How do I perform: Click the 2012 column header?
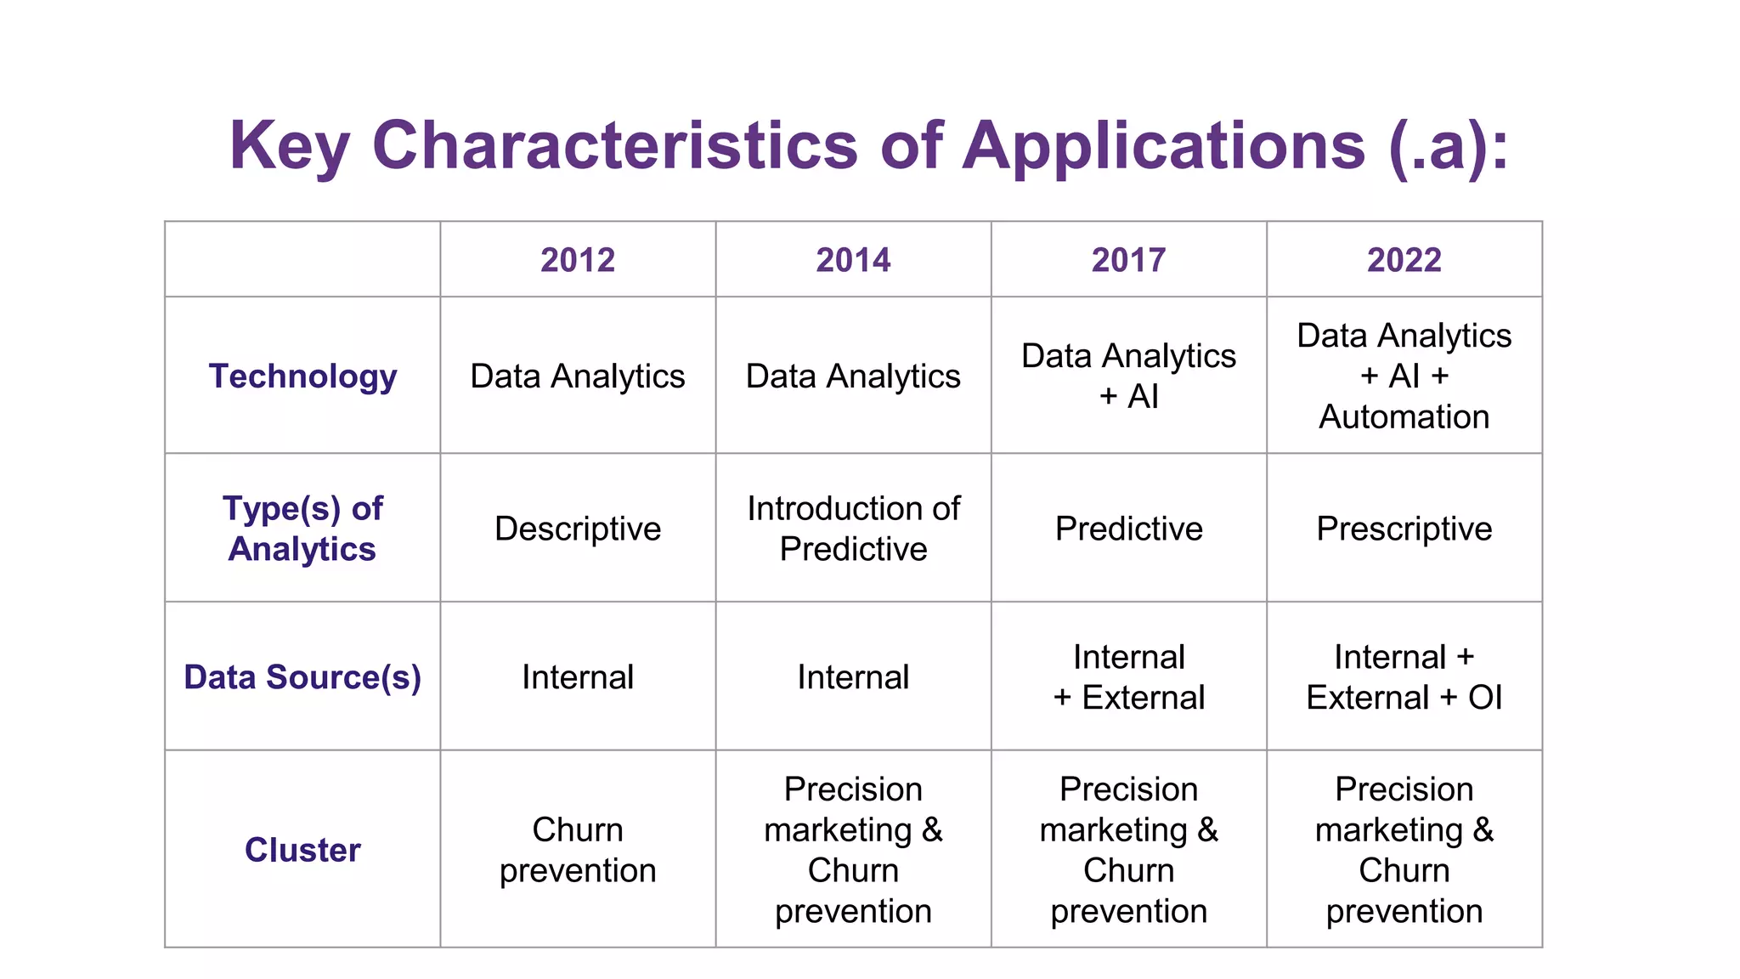pos(578,260)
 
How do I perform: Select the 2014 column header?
pos(853,260)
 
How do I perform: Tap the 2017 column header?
pos(1128,260)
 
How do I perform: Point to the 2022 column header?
pos(1404,260)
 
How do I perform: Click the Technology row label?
pos(302,376)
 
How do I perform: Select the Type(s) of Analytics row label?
pos(302,529)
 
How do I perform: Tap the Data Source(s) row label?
pos(302,677)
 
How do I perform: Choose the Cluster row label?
pos(302,850)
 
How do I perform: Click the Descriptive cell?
pos(578,529)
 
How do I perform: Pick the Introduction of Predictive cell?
pos(853,529)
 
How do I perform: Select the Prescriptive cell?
pos(1404,529)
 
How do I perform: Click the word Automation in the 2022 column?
pos(1404,417)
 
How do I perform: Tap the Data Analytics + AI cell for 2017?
pos(1128,376)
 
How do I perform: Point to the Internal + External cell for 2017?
pos(1128,677)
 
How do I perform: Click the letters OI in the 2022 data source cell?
pos(1485,698)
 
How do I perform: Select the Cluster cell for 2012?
pos(578,850)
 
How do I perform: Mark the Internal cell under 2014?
pos(853,677)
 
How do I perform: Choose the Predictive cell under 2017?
pos(1128,529)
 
